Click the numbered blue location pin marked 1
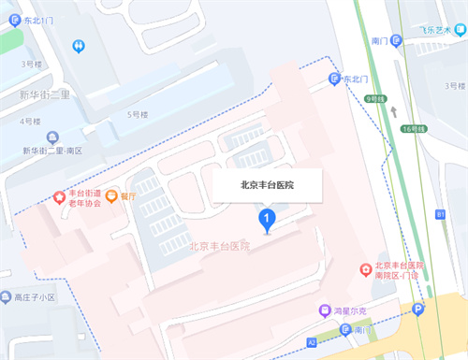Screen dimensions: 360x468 [267, 221]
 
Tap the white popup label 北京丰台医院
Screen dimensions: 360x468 [268, 185]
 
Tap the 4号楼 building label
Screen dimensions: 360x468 [31, 122]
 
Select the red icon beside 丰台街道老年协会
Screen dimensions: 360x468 [60, 197]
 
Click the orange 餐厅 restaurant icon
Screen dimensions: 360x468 [111, 196]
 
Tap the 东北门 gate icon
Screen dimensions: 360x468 [335, 80]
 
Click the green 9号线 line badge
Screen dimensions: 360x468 [376, 97]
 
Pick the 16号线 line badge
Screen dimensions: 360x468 [409, 129]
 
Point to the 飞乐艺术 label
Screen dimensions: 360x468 [438, 40]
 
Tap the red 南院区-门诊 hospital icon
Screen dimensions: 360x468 [366, 269]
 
